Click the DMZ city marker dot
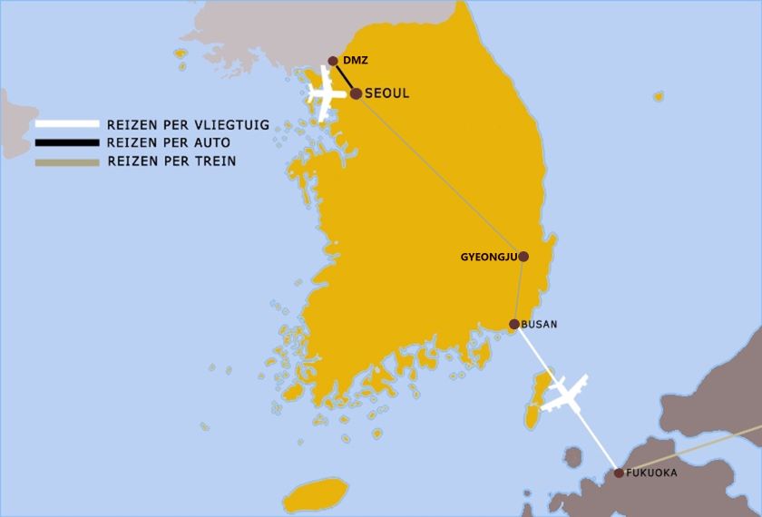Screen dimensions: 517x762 click(333, 61)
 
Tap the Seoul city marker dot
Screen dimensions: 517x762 click(356, 93)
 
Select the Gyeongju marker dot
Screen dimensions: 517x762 click(523, 257)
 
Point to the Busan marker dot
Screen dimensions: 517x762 click(513, 324)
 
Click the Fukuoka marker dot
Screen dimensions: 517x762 click(619, 473)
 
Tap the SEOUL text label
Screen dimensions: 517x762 click(387, 93)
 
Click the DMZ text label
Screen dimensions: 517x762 click(356, 60)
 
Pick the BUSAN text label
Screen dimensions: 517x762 click(540, 324)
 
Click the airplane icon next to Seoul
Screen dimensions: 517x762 click(326, 93)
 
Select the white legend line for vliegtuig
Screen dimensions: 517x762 click(66, 125)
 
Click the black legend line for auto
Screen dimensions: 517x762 click(66, 143)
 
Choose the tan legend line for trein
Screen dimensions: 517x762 click(66, 162)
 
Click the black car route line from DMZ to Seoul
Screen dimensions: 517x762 click(344, 76)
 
